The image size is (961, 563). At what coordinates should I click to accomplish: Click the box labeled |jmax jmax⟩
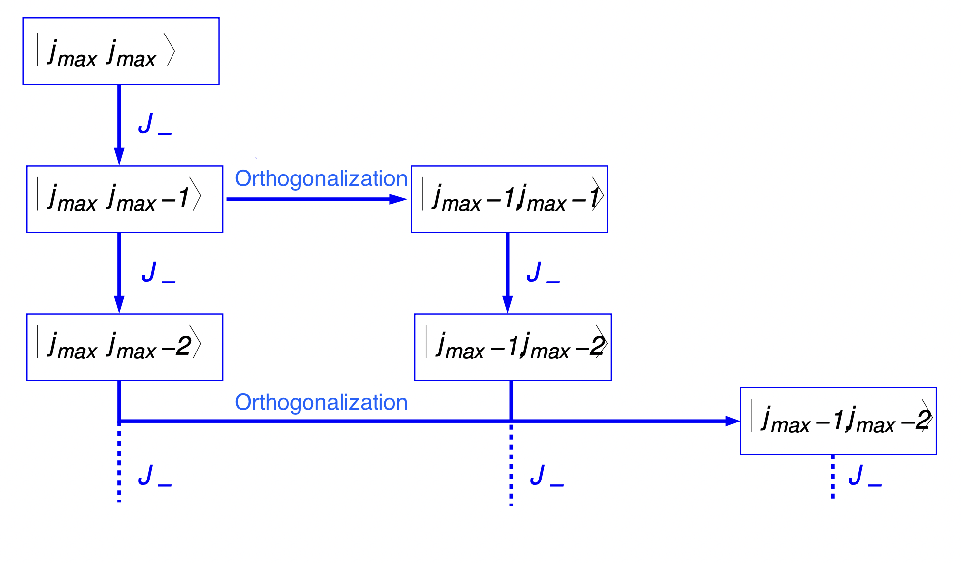pyautogui.click(x=121, y=51)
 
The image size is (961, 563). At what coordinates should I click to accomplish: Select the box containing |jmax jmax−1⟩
pyautogui.click(x=125, y=199)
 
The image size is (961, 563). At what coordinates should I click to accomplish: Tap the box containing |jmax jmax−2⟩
pyautogui.click(x=125, y=347)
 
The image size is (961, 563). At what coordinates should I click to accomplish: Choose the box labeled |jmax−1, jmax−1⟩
pyautogui.click(x=509, y=199)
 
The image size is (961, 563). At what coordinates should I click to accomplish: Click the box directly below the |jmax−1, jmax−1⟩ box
pyautogui.click(x=513, y=347)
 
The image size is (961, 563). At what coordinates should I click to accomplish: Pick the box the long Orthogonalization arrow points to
pyautogui.click(x=838, y=421)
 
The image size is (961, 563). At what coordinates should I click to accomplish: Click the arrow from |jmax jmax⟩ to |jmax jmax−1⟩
pyautogui.click(x=119, y=123)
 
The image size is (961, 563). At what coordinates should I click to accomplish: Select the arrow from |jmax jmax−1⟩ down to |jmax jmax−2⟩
pyautogui.click(x=119, y=271)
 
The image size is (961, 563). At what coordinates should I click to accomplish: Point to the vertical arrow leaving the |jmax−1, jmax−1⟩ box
pyautogui.click(x=507, y=271)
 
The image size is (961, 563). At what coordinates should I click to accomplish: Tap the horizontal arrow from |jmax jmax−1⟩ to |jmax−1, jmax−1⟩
pyautogui.click(x=315, y=199)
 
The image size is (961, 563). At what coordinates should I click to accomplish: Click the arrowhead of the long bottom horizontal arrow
pyautogui.click(x=732, y=421)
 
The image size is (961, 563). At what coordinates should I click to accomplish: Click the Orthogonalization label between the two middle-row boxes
pyautogui.click(x=321, y=178)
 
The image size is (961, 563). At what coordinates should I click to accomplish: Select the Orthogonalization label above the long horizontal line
pyautogui.click(x=321, y=402)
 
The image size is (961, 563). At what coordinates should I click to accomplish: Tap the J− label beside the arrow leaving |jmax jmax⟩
pyautogui.click(x=154, y=124)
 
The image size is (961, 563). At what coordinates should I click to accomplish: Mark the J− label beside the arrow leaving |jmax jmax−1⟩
pyautogui.click(x=158, y=273)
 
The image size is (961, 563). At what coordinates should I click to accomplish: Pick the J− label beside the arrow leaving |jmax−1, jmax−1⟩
pyautogui.click(x=543, y=273)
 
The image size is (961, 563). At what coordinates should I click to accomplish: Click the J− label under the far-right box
pyautogui.click(x=864, y=476)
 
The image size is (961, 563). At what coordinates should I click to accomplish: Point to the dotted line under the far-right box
pyautogui.click(x=833, y=476)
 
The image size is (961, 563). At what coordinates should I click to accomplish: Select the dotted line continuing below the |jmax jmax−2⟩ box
pyautogui.click(x=119, y=466)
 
